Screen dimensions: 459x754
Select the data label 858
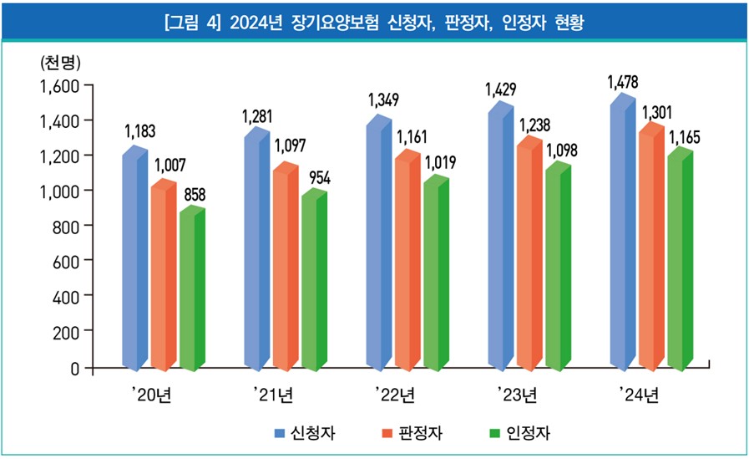point(195,195)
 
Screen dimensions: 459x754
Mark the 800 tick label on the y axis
point(64,226)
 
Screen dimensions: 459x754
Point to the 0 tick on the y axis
point(74,367)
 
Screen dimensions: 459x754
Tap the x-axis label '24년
point(639,395)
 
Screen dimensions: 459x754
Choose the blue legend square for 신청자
point(281,433)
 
